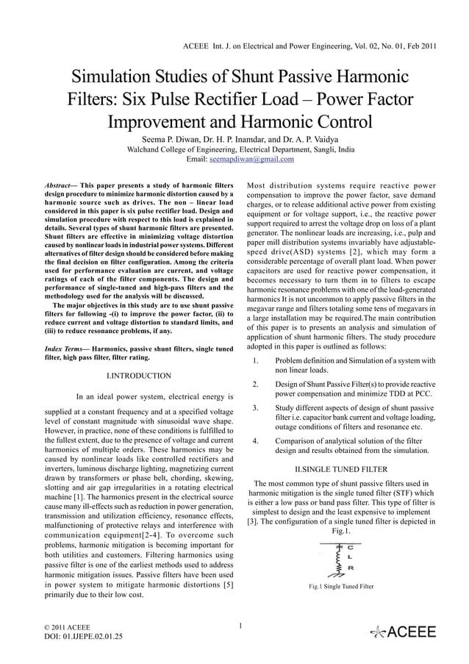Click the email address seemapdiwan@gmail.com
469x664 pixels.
(x=251, y=159)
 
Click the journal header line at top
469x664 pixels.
(x=309, y=46)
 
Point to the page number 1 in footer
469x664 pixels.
(x=240, y=626)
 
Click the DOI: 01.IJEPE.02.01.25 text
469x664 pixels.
(x=81, y=638)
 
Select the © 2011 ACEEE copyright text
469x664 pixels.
(x=64, y=626)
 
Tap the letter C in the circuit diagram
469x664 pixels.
(x=351, y=547)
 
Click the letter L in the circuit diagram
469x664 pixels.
(x=351, y=557)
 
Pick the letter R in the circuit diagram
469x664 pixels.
(x=351, y=568)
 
